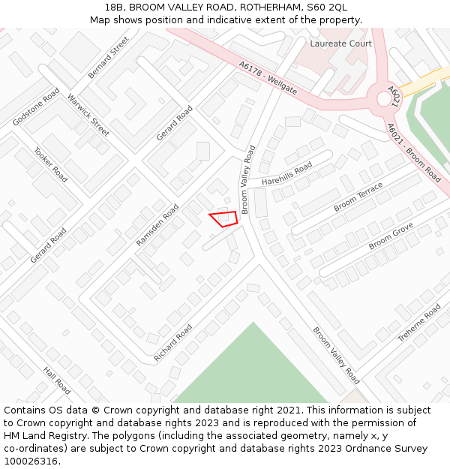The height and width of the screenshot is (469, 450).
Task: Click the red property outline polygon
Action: pos(225,218)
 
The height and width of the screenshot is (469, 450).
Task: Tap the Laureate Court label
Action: pos(341,44)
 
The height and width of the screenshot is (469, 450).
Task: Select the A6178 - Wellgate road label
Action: pos(268,79)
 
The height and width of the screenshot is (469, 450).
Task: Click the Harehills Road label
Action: pos(286,175)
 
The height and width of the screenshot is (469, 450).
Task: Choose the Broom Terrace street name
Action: pos(358,197)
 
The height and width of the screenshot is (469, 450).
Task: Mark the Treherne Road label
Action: pos(418,323)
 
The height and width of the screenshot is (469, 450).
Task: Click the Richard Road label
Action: pos(172,343)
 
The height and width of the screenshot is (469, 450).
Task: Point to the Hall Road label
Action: pos(57,380)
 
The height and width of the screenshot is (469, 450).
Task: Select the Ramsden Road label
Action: pos(157,225)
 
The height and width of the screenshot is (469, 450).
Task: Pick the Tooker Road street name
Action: pos(51,164)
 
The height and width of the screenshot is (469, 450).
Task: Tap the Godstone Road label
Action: pos(36,107)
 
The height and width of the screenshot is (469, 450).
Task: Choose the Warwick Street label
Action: pos(88,115)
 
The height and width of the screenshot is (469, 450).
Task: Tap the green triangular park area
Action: pos(253,371)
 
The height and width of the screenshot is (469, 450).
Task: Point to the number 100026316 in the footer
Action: pos(31,461)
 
